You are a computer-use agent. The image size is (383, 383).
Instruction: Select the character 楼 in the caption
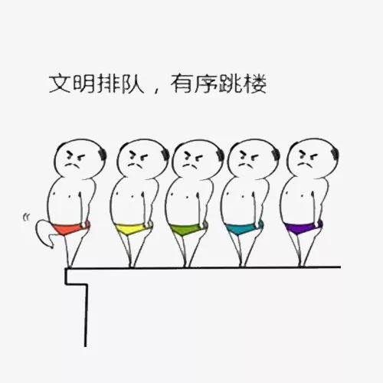coord(255,83)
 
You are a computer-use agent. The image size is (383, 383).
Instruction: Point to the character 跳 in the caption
coord(231,83)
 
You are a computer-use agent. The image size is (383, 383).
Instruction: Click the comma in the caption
coord(156,90)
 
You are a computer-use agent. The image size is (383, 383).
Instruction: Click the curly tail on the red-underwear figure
coord(44,233)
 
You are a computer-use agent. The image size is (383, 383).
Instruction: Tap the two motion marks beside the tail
coord(26,218)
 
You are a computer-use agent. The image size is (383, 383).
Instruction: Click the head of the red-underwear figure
coord(80,159)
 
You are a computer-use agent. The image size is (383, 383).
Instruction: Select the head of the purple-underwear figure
coord(313,158)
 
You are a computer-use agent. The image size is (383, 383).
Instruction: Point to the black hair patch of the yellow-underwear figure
coord(165,155)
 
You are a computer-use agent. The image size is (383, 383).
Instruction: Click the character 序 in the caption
coord(205,83)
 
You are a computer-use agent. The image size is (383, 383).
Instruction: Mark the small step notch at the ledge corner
coord(76,277)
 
